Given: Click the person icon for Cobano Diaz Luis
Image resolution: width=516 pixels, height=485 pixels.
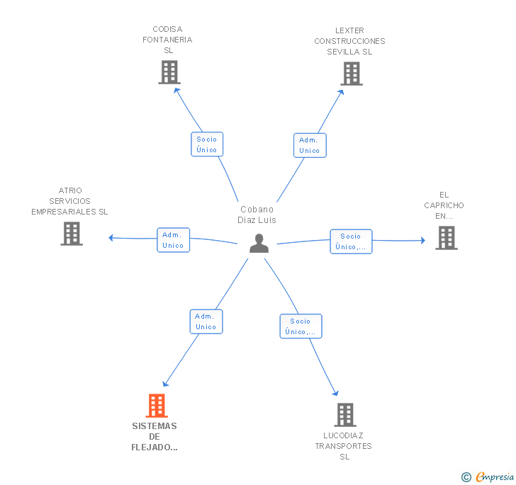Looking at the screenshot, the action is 259,243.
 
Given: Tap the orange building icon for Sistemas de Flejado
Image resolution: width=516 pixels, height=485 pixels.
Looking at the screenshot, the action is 157,406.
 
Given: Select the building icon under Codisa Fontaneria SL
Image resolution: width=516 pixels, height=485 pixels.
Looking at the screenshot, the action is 169,72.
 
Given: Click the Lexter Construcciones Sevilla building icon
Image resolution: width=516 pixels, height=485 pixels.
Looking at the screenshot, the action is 352,74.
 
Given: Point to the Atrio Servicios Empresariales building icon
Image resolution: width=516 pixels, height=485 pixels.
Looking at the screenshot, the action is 72,234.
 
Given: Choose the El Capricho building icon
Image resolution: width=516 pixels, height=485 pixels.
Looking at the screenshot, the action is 447,238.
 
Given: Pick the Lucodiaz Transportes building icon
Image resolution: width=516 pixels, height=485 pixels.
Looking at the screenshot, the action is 345,415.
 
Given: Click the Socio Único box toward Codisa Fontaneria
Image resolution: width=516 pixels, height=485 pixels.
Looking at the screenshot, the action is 207,144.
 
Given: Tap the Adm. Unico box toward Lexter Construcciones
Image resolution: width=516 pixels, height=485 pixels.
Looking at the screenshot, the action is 310,145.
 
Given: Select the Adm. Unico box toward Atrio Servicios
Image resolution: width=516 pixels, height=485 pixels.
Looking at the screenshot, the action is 173,240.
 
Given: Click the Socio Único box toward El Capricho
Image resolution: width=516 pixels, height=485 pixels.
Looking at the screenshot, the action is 351,241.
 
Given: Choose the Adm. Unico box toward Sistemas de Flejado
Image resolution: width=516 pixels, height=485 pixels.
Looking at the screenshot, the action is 206,321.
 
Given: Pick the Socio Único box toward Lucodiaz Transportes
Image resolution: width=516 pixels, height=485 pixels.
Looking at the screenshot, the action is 301,326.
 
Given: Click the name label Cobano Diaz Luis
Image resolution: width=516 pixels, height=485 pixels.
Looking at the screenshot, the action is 257,215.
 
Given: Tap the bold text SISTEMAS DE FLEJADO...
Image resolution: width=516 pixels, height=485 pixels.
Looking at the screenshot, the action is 155,437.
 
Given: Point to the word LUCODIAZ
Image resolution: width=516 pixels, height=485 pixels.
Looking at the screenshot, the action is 343,435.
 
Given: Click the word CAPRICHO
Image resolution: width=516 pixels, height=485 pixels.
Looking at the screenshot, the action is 444,205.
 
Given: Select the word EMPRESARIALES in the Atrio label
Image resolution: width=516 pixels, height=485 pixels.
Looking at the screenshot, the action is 64,212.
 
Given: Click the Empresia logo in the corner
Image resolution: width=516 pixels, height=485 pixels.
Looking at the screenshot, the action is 488,477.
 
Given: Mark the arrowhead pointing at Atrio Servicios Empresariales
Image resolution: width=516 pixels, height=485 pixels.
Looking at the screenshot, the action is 111,238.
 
